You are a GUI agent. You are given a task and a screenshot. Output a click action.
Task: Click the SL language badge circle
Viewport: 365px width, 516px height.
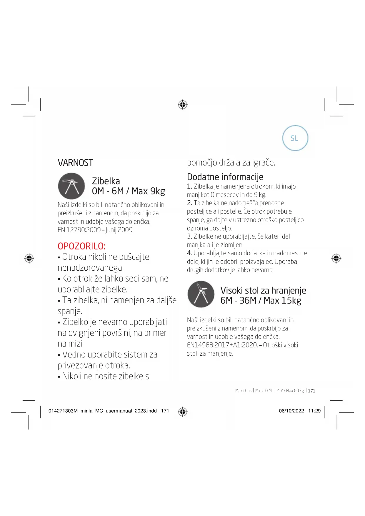pyautogui.click(x=295, y=138)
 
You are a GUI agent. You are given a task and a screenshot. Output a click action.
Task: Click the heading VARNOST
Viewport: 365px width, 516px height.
pyautogui.click(x=75, y=163)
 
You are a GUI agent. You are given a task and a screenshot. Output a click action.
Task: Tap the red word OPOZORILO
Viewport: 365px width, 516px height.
pyautogui.click(x=81, y=246)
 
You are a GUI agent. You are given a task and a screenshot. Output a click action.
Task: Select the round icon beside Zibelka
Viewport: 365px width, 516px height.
pyautogui.click(x=71, y=186)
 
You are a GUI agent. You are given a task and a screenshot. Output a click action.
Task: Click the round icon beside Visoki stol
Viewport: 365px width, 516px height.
pyautogui.click(x=201, y=294)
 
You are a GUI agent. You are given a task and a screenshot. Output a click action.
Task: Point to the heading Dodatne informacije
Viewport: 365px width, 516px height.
pyautogui.click(x=225, y=177)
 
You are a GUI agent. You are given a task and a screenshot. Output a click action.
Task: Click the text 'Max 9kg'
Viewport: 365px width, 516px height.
pyautogui.click(x=148, y=191)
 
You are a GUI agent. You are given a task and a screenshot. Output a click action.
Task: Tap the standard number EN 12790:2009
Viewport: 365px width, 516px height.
pyautogui.click(x=79, y=230)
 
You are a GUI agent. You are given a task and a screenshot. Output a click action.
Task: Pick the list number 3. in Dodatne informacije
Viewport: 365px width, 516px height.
pyautogui.click(x=189, y=237)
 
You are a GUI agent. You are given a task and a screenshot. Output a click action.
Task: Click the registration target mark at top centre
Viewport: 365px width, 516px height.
pyautogui.click(x=183, y=104)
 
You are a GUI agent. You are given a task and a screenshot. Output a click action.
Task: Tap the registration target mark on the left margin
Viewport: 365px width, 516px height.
pyautogui.click(x=29, y=258)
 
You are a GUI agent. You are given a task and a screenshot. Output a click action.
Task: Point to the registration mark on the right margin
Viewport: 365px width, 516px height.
pyautogui.click(x=336, y=258)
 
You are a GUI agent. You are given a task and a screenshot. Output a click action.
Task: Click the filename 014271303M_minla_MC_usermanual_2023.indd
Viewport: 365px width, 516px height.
pyautogui.click(x=102, y=411)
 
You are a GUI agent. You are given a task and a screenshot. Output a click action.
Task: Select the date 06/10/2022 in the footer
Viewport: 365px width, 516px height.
pyautogui.click(x=291, y=411)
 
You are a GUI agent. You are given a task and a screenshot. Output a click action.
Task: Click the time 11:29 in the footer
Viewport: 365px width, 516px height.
pyautogui.click(x=314, y=411)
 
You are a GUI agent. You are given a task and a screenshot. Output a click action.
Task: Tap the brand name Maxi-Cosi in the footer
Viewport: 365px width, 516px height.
pyautogui.click(x=244, y=391)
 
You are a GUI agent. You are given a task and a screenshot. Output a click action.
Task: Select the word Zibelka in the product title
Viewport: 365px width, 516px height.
pyautogui.click(x=106, y=181)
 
